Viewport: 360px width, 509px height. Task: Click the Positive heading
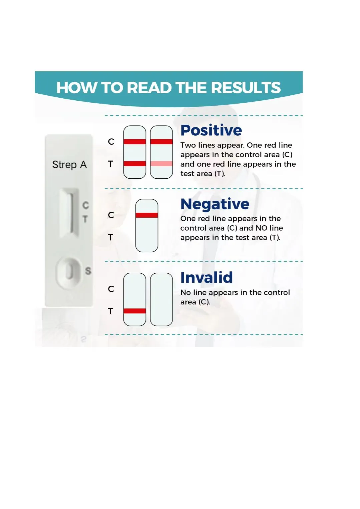211,130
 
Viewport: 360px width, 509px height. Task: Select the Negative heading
215,204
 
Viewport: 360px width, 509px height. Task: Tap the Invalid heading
207,277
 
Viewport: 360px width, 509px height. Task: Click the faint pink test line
161,164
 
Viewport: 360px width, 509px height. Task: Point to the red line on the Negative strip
147,215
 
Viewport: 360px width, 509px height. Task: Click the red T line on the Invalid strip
135,311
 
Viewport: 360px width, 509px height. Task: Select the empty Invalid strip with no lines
161,299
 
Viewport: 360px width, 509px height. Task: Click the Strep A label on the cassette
69,165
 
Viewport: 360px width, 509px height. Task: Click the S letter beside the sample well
88,271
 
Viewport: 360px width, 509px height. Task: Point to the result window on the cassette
69,212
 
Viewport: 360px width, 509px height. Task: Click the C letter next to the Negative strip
111,215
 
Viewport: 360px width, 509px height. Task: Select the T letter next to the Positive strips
110,164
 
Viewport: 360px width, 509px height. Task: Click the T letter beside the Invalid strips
110,311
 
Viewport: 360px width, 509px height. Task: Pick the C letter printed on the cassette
85,205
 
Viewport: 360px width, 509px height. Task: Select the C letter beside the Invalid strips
111,289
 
